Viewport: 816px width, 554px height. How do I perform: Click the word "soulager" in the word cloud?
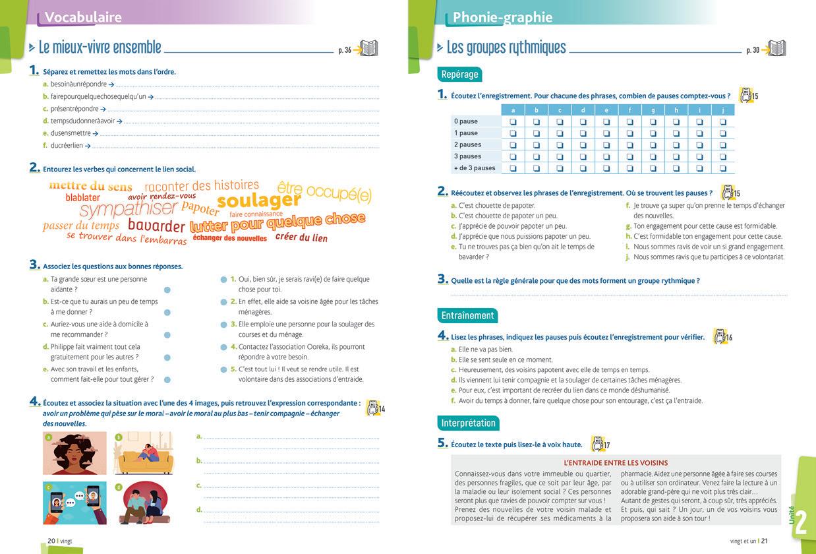pyautogui.click(x=259, y=200)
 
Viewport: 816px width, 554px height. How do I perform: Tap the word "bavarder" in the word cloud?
pyautogui.click(x=156, y=226)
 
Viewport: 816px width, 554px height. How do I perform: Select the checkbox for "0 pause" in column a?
pyautogui.click(x=513, y=121)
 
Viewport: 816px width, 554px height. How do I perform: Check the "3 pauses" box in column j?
pyautogui.click(x=722, y=156)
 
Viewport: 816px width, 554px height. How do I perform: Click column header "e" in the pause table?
pyautogui.click(x=606, y=110)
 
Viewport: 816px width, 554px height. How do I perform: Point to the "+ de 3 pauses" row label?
pyautogui.click(x=475, y=168)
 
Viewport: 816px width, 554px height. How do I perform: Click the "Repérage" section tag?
pyautogui.click(x=459, y=75)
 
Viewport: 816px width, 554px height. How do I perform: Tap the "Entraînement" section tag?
pyautogui.click(x=467, y=315)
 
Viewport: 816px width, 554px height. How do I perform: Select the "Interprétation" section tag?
pyautogui.click(x=468, y=423)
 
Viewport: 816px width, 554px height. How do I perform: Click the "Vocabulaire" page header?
pyautogui.click(x=83, y=18)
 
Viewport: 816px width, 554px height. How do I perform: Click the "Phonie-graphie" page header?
pyautogui.click(x=502, y=18)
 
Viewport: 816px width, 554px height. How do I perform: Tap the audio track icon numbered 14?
pyautogui.click(x=374, y=408)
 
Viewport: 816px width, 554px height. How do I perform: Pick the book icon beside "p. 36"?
pyautogui.click(x=368, y=49)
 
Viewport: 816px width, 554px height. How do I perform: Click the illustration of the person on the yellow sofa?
pyautogui.click(x=144, y=453)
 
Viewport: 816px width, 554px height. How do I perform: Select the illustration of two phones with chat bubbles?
pyautogui.click(x=74, y=503)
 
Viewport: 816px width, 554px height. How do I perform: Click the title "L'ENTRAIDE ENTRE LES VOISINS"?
pyautogui.click(x=616, y=463)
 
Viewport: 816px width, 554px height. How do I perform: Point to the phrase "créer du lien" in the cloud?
pyautogui.click(x=301, y=237)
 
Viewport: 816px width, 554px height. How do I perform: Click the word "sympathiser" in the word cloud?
pyautogui.click(x=129, y=210)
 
